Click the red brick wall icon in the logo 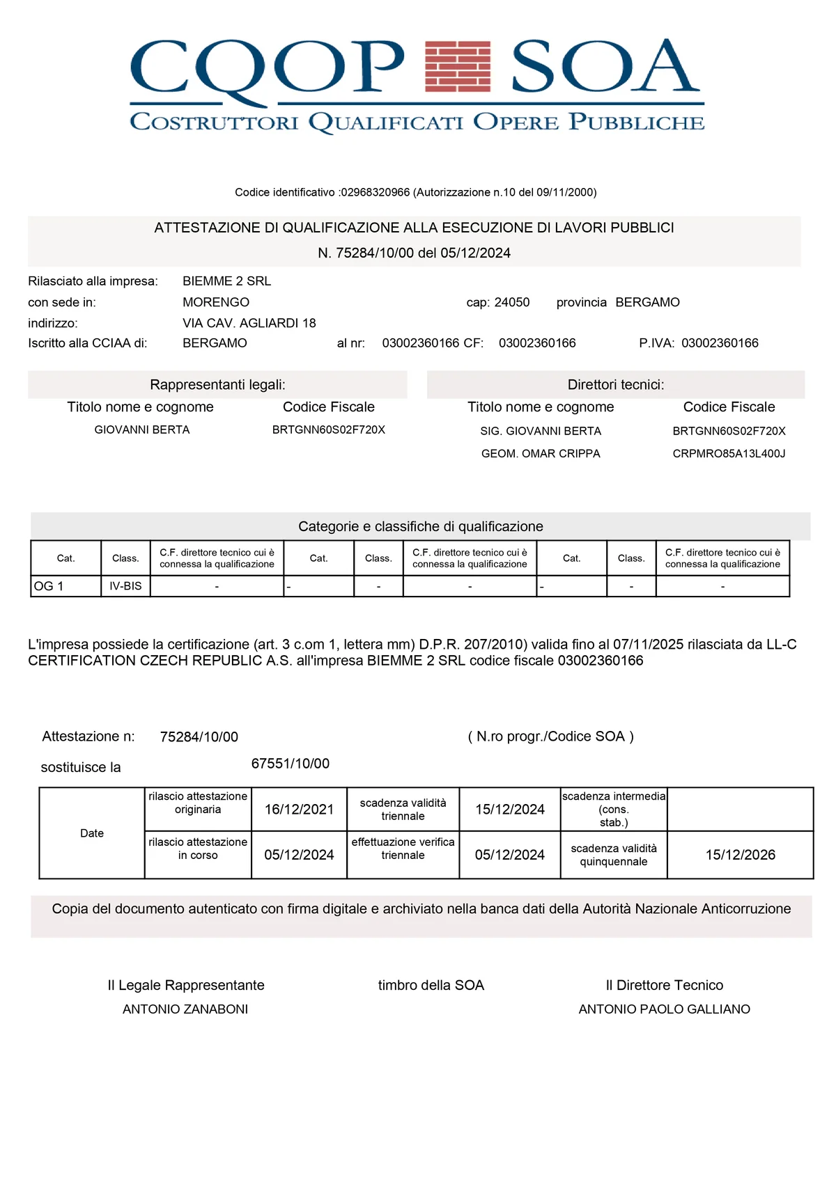[458, 66]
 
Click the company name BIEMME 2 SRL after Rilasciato [226, 281]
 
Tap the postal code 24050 [512, 302]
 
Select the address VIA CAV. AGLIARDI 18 [249, 323]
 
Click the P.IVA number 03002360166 [720, 343]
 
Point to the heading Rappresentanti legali [217, 385]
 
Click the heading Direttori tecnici [616, 385]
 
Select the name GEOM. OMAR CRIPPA [541, 454]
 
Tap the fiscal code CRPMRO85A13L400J [729, 454]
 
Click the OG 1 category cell [65, 586]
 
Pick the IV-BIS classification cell [125, 586]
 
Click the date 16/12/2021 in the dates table [299, 810]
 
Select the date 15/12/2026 [740, 855]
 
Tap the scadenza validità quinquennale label [614, 855]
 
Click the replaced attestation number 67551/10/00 [291, 764]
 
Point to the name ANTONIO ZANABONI [185, 1009]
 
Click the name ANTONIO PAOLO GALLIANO [664, 1009]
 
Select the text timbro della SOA [431, 985]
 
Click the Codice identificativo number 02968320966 [375, 192]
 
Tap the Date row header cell [92, 833]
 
